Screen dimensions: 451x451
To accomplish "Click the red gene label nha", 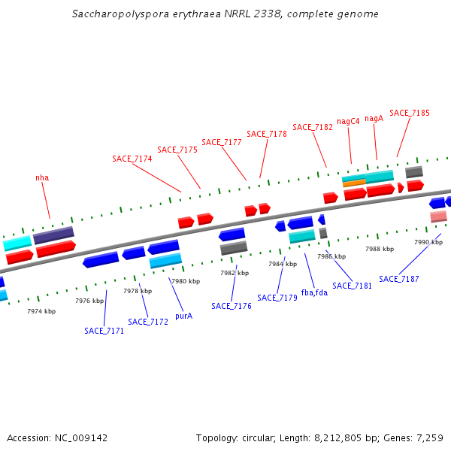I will click(x=42, y=178).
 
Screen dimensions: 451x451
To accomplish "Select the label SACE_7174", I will click(x=132, y=159).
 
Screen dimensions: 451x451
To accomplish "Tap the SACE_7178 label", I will click(x=267, y=134).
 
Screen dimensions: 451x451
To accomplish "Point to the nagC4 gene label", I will click(x=348, y=121).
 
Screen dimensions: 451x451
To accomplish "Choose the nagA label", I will click(x=374, y=118).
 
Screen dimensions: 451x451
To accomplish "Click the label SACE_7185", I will click(x=410, y=113).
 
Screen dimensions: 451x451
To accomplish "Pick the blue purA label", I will click(x=183, y=316).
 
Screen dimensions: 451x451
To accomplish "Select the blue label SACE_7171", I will click(x=104, y=331).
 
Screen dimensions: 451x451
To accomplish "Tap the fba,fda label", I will click(x=314, y=292).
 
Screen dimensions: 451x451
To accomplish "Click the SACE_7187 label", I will click(x=399, y=279).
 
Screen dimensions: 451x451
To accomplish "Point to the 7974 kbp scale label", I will click(x=41, y=311).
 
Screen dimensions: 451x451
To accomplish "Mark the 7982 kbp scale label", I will click(x=234, y=273).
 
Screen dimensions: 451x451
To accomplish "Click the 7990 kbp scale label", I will click(x=428, y=242).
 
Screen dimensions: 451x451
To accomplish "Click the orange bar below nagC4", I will click(x=354, y=183).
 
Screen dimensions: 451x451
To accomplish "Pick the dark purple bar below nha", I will click(x=53, y=235).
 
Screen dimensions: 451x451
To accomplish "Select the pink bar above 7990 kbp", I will click(x=438, y=216).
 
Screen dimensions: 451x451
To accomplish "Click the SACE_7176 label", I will click(x=232, y=306).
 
